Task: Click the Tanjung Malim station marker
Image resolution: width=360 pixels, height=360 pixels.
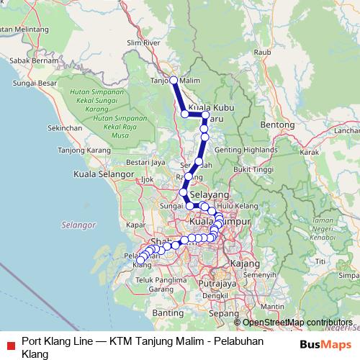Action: [174, 80]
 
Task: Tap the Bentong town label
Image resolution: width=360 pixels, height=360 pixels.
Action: [278, 125]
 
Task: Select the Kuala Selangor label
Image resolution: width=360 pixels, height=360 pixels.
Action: [105, 174]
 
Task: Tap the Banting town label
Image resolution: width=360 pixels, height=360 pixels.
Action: [168, 313]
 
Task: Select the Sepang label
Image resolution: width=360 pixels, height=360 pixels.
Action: [218, 314]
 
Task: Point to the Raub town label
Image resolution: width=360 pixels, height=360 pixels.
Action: [261, 52]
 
